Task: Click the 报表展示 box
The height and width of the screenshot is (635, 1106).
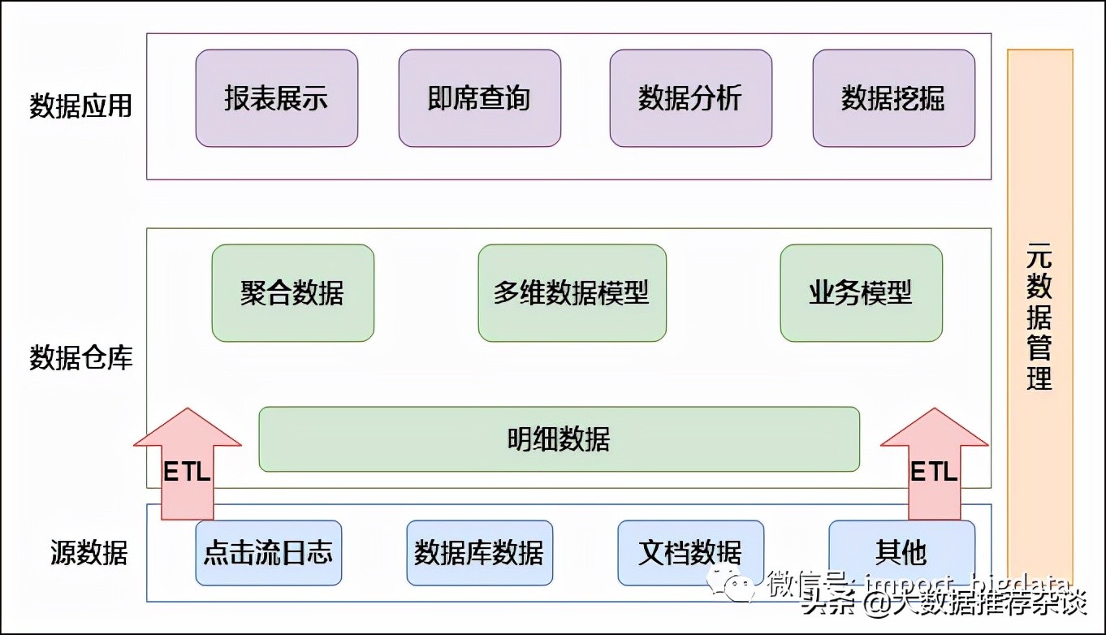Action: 276,98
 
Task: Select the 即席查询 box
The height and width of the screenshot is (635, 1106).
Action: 479,98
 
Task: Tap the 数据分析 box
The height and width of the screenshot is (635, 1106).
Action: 690,98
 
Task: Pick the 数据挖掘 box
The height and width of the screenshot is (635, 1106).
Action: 893,98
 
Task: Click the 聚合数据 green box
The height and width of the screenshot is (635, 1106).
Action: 292,293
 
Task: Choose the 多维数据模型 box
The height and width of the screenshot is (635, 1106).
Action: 572,293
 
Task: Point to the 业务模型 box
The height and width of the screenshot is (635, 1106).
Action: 861,293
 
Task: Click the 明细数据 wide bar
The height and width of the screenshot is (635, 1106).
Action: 559,439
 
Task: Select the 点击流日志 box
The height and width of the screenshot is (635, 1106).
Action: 268,553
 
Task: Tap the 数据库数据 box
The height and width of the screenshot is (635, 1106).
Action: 479,553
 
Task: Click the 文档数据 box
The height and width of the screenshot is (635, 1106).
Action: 690,553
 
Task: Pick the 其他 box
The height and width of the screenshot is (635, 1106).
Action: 901,553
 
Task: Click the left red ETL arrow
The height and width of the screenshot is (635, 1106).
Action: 188,467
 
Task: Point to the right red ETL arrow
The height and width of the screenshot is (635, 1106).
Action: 934,467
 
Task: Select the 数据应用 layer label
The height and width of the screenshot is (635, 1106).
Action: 80,106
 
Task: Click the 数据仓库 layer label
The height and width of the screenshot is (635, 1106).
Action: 80,358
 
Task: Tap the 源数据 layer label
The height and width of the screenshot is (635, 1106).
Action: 89,553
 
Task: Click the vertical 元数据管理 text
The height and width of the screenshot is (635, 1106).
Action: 1039,317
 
